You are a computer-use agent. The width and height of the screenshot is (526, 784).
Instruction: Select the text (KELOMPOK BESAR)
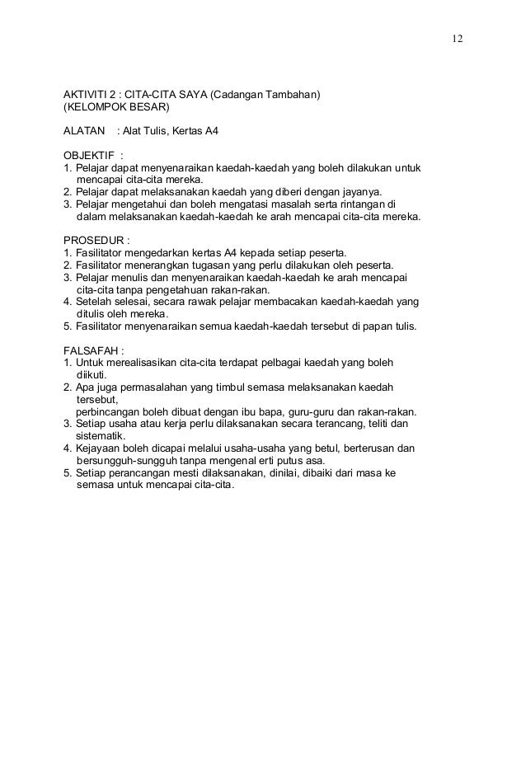(116, 107)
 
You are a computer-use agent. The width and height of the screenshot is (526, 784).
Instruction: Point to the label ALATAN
(85, 131)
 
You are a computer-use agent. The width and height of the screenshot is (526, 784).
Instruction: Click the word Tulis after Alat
(161, 131)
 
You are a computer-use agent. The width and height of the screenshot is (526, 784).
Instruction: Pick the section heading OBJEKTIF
(89, 155)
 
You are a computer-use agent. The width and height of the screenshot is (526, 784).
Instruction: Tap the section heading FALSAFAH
(92, 350)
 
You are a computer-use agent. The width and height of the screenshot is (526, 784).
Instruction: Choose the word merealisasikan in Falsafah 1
(146, 362)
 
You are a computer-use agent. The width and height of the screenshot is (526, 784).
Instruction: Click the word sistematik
(101, 436)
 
